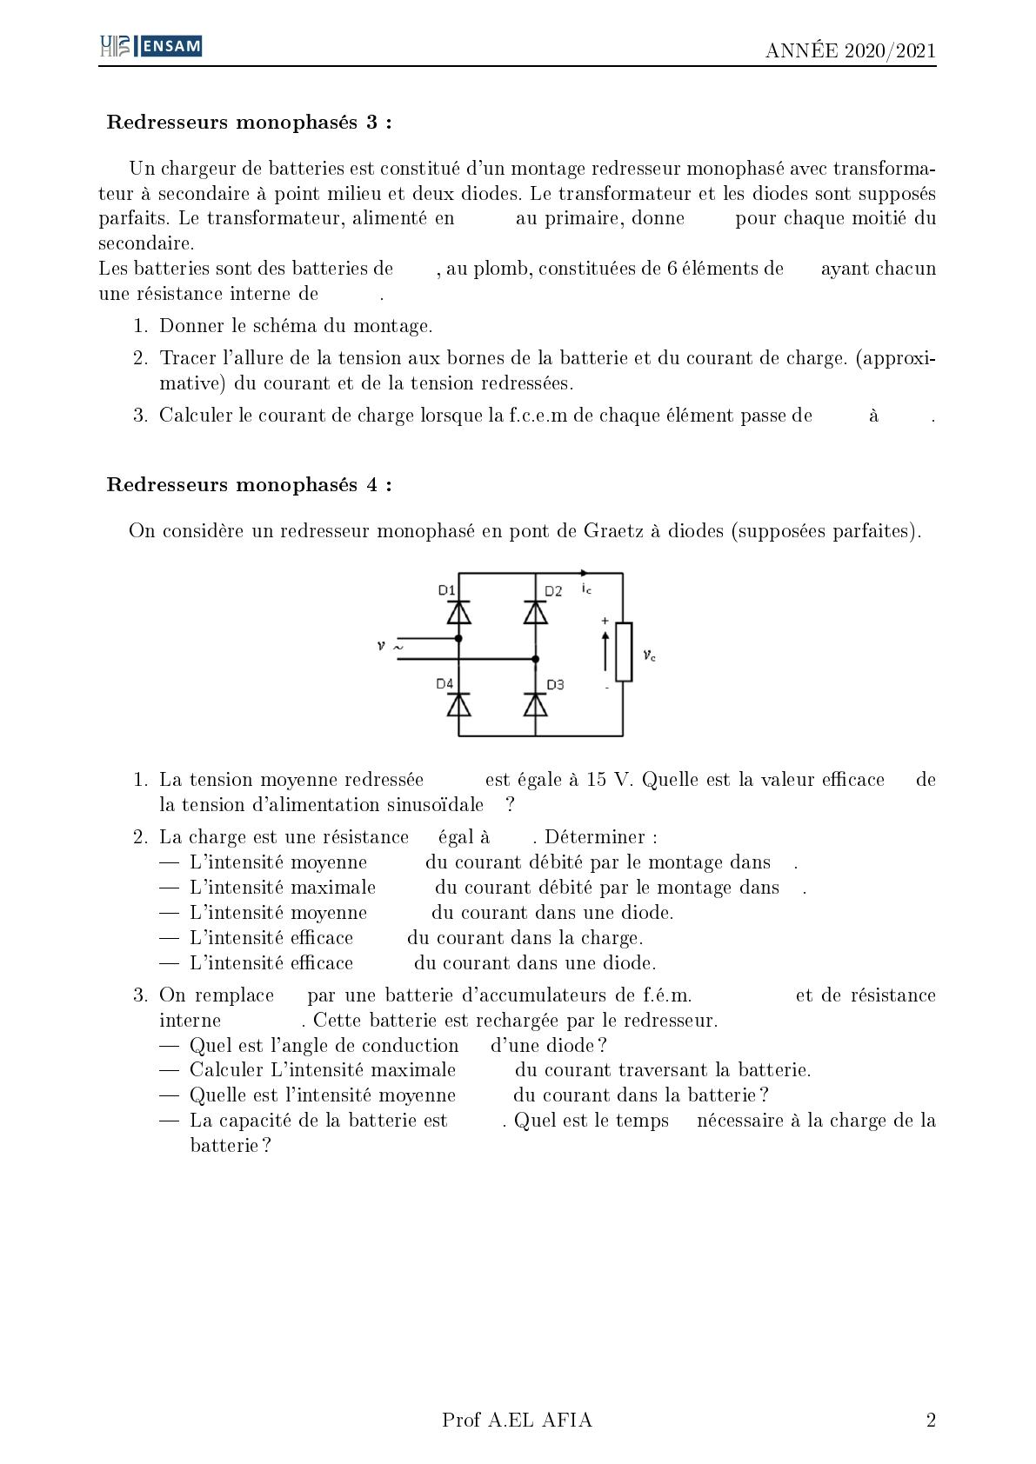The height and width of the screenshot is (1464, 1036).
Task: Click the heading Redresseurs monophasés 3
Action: [249, 122]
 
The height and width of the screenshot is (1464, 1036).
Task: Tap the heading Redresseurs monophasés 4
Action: [249, 484]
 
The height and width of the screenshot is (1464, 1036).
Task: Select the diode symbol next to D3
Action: [535, 704]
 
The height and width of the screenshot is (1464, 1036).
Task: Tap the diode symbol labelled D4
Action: [458, 704]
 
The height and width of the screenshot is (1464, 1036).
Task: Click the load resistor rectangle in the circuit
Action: [623, 652]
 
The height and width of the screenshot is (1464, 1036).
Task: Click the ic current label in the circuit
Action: [586, 589]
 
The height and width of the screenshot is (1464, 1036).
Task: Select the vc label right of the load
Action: [649, 655]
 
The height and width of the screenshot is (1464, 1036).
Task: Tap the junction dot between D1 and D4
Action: [458, 638]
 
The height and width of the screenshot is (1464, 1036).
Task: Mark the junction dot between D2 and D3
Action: [535, 659]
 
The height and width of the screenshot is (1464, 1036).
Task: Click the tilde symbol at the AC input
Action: [398, 647]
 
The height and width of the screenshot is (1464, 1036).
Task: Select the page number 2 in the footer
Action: [931, 1420]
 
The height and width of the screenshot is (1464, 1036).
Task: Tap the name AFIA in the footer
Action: [567, 1420]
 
